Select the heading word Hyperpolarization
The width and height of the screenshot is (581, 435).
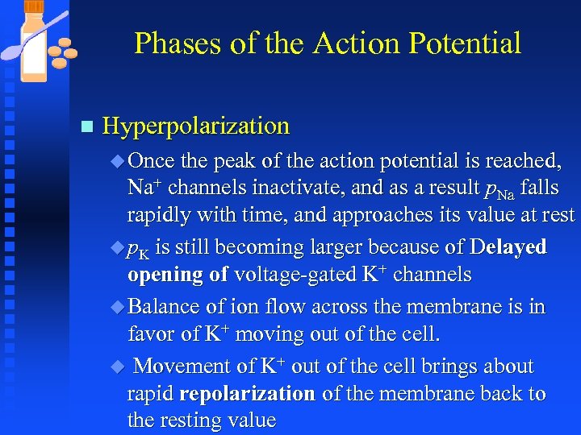196,126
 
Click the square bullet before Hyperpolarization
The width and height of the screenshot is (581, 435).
87,126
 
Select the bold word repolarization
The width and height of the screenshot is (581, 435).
248,394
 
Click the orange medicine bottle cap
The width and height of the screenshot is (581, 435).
33,6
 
